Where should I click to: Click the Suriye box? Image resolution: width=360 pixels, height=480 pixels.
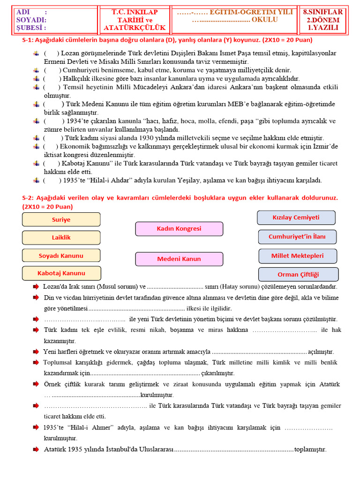[x=61, y=219]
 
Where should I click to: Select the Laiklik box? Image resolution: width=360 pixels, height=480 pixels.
[x=61, y=238]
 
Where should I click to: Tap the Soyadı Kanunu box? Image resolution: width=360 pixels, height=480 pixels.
[x=61, y=255]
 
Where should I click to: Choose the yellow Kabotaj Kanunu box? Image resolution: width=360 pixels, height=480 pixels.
[x=61, y=273]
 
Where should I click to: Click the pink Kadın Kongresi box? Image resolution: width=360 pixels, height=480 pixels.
[x=179, y=229]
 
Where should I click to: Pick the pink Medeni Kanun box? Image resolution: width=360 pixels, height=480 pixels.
[x=179, y=259]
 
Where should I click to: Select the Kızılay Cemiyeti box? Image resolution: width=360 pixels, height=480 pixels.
[x=296, y=217]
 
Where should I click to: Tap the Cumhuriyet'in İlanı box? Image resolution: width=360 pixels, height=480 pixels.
[x=297, y=237]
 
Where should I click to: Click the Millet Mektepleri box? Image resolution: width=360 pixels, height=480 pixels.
[x=297, y=256]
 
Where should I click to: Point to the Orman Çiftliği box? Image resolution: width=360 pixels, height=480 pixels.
[x=298, y=274]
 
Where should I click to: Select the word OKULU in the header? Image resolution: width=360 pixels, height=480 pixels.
[x=265, y=20]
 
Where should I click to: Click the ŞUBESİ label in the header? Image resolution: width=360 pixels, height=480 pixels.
[x=31, y=28]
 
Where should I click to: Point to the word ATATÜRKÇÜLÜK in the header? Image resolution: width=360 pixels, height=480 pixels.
[x=135, y=28]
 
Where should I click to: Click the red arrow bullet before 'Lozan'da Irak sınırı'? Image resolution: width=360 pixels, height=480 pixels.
[x=36, y=286]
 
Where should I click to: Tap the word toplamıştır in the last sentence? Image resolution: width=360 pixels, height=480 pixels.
[x=309, y=450]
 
